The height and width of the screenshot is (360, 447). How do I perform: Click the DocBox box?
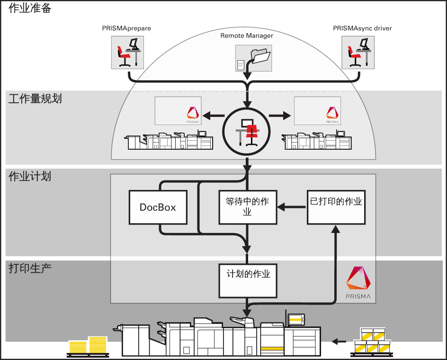[158, 207]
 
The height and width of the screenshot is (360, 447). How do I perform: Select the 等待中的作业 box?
[247, 207]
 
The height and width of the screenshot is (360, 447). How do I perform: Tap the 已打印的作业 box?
[336, 207]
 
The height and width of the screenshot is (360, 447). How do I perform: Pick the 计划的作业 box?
[247, 279]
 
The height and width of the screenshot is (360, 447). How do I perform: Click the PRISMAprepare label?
[126, 28]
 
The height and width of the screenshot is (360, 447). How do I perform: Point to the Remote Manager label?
[247, 36]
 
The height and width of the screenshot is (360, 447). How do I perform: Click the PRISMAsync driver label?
[362, 28]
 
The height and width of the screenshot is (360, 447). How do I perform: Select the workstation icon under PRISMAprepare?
[127, 52]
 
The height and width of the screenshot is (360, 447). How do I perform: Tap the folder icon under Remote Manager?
[253, 58]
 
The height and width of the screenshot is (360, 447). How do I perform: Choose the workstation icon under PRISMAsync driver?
[358, 52]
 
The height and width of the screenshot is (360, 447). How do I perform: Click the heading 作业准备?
[30, 8]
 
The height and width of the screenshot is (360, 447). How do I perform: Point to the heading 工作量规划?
[35, 99]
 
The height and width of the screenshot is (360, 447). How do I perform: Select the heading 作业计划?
[30, 177]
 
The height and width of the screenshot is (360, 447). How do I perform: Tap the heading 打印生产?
[30, 268]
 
